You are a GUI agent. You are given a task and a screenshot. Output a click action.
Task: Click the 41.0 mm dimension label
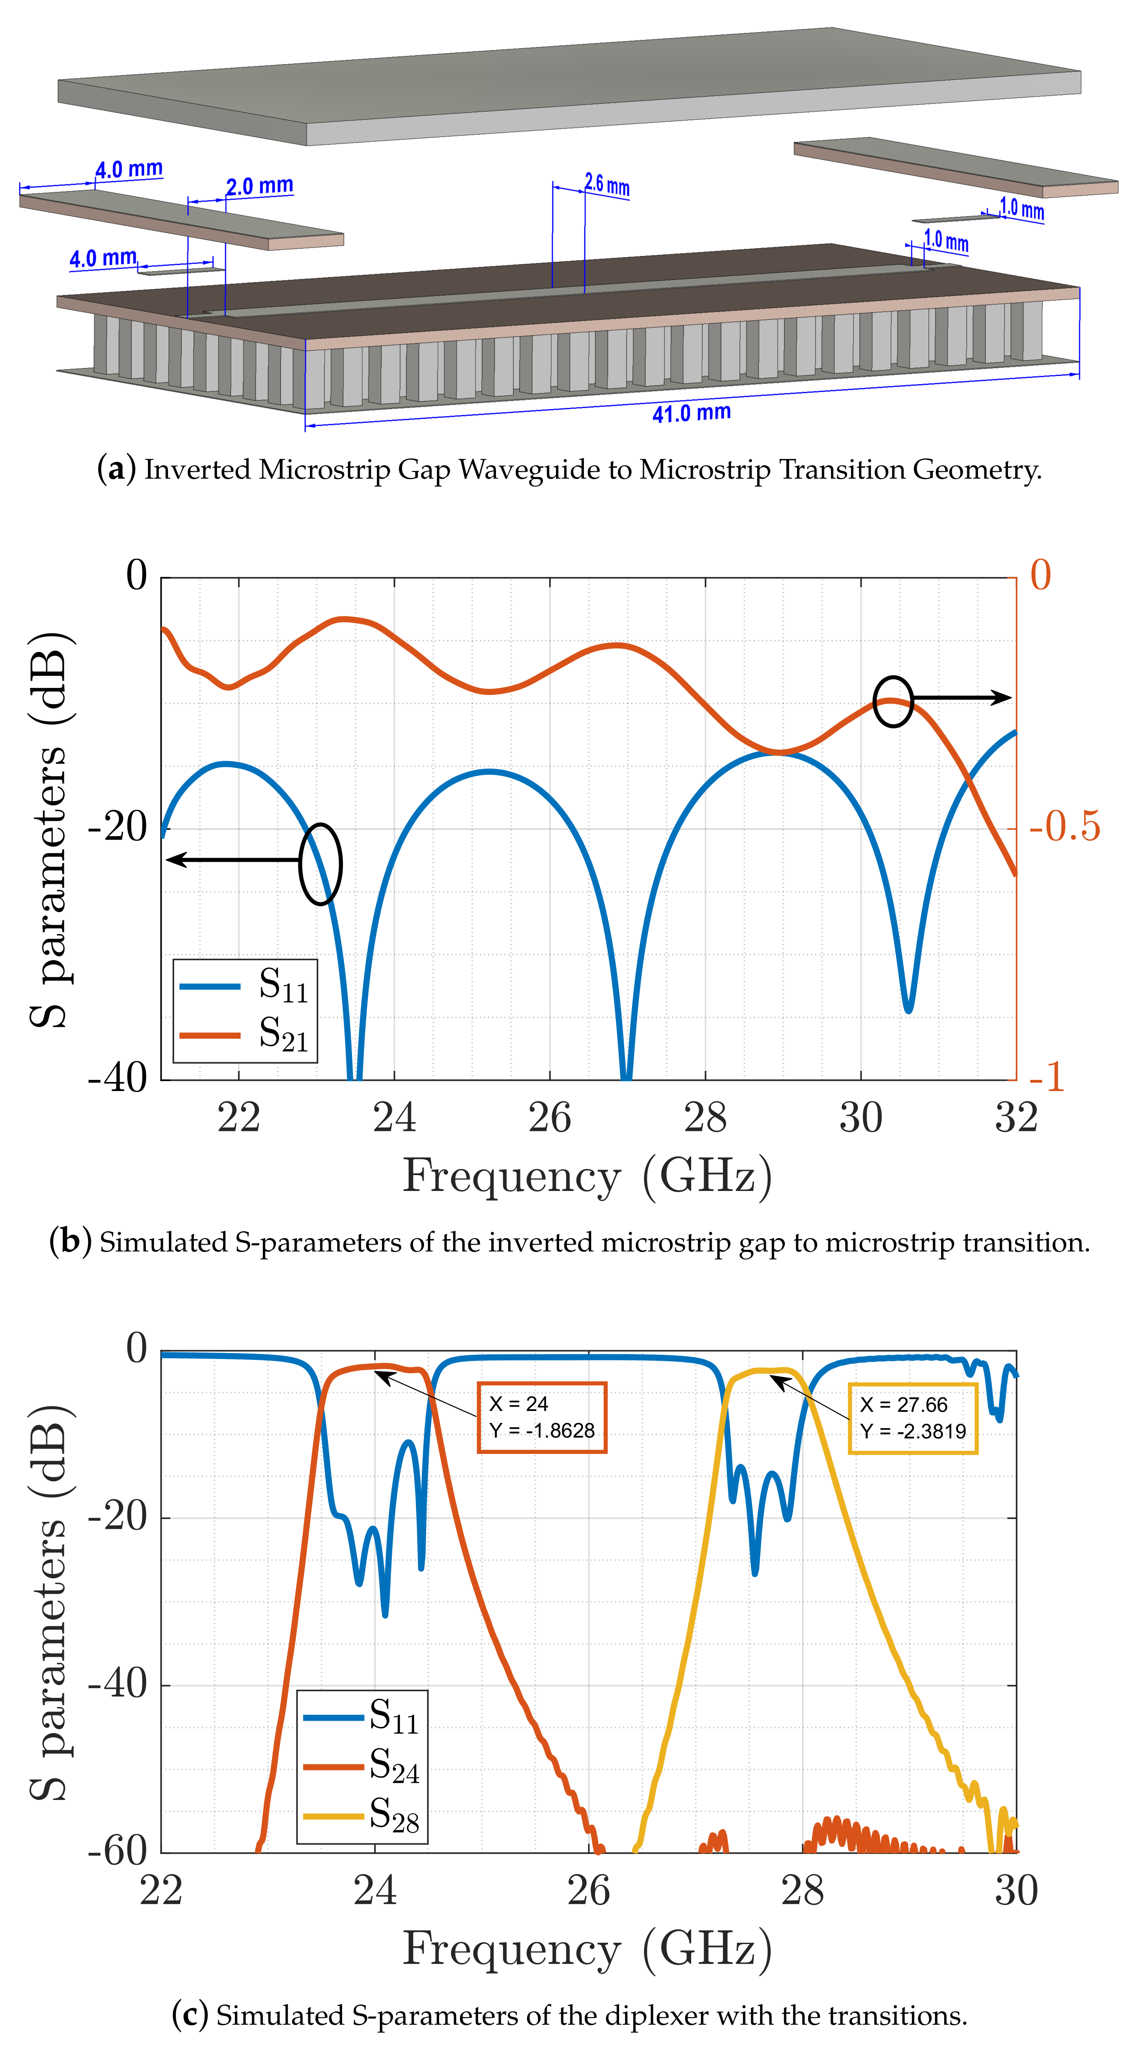691,413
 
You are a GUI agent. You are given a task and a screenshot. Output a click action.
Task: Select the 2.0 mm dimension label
259,187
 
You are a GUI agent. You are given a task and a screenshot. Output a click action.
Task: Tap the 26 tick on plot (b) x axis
550,1118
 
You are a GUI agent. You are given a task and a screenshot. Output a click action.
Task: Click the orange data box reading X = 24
541,1417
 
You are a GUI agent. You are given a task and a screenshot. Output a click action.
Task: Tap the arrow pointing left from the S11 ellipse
232,860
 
